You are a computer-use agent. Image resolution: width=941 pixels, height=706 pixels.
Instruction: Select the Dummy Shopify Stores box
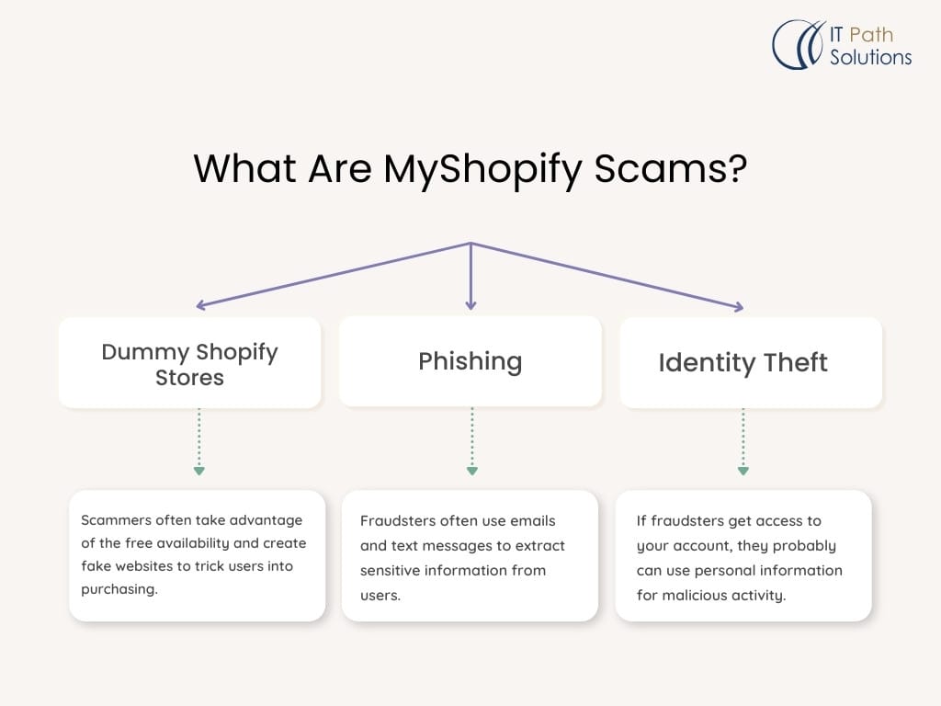(x=190, y=362)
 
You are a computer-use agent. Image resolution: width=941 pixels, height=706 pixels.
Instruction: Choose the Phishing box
(x=470, y=361)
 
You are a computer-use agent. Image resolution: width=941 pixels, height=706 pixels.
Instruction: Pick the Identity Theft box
(x=743, y=362)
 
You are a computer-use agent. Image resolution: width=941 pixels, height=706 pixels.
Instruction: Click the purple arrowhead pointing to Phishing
(x=470, y=303)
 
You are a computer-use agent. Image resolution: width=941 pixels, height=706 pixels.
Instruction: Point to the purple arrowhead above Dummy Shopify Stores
(x=201, y=304)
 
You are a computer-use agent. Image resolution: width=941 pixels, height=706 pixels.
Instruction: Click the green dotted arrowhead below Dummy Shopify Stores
(x=198, y=471)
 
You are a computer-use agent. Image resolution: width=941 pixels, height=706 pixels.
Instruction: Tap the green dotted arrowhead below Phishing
(x=471, y=471)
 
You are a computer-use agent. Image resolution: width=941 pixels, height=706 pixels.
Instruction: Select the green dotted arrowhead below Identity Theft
(x=743, y=471)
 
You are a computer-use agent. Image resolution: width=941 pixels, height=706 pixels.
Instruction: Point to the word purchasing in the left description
(x=119, y=589)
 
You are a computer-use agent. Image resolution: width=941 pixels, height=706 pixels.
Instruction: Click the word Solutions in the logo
(x=870, y=57)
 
